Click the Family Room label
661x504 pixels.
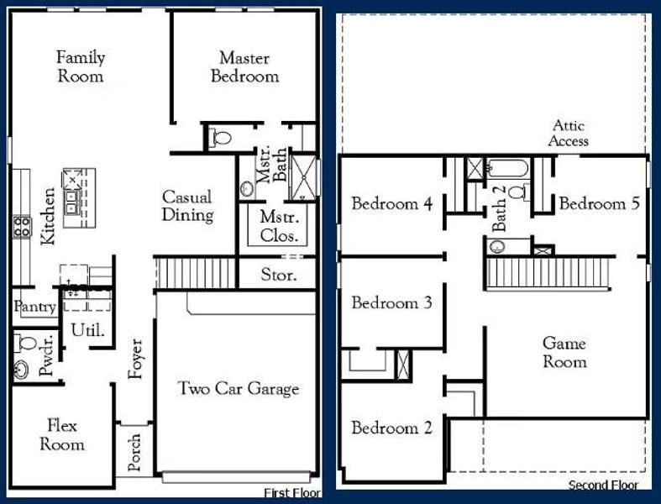(81, 67)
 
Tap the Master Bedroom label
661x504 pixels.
(244, 67)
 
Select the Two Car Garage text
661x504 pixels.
(238, 388)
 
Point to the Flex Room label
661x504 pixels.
(62, 434)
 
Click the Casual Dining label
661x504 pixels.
(187, 206)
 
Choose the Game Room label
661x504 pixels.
(564, 353)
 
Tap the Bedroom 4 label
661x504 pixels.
(391, 204)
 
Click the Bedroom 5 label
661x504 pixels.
(599, 204)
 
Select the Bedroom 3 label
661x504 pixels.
(391, 303)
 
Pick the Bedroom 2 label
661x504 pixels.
(391, 428)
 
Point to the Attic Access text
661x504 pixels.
(569, 134)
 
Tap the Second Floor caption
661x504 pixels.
(603, 486)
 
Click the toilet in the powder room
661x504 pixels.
(24, 343)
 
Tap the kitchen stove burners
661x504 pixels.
(21, 225)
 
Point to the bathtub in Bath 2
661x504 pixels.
(507, 168)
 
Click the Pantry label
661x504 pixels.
(34, 308)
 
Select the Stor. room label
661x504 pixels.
(276, 274)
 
